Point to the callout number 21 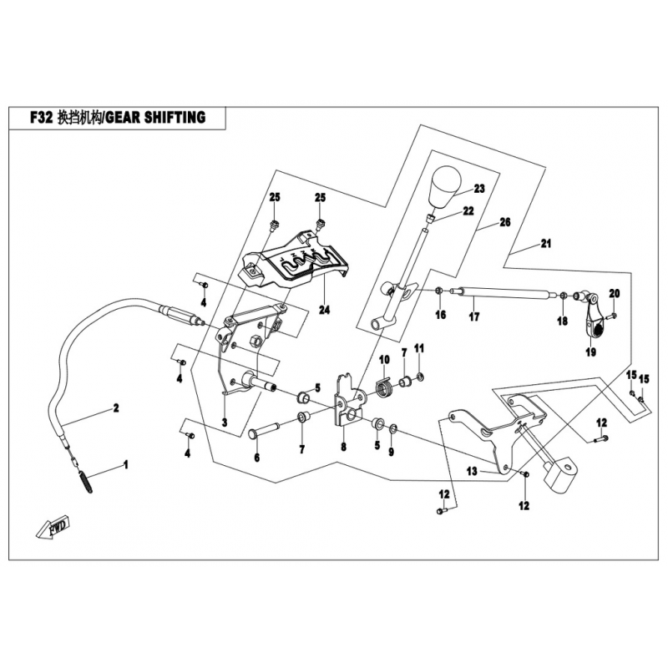[x=545, y=245]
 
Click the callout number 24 [x=324, y=311]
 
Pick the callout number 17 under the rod [x=473, y=316]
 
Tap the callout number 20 [x=615, y=293]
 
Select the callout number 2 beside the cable [x=116, y=409]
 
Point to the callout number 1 [x=126, y=462]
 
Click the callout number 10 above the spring [x=385, y=360]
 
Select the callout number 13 [x=472, y=472]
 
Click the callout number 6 [x=256, y=458]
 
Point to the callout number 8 [x=342, y=448]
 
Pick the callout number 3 [x=224, y=424]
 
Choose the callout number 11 [x=419, y=347]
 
